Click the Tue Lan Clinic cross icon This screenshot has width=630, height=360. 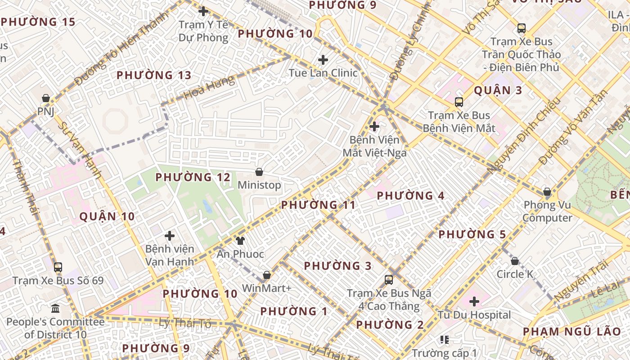(323, 59)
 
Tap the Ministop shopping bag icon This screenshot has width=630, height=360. (259, 172)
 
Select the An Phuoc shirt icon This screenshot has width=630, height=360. (240, 241)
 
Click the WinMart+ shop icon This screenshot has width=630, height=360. (267, 275)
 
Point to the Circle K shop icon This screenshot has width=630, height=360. (515, 261)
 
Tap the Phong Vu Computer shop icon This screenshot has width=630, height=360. (547, 192)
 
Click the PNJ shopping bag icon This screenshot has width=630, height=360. (45, 98)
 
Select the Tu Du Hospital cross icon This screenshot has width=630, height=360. (474, 301)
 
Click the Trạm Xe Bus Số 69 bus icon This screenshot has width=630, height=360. (58, 267)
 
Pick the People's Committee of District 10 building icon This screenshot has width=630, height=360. (55, 309)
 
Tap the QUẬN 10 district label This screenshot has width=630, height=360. (107, 216)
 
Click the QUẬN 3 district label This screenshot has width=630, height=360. (498, 90)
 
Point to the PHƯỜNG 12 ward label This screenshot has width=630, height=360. (193, 177)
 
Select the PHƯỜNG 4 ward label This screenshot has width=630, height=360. (410, 196)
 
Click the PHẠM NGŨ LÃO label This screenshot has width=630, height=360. (571, 332)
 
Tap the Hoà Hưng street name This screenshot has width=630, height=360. (209, 88)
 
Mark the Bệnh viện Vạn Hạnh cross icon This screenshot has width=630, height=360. (170, 236)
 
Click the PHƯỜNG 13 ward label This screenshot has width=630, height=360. (154, 75)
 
